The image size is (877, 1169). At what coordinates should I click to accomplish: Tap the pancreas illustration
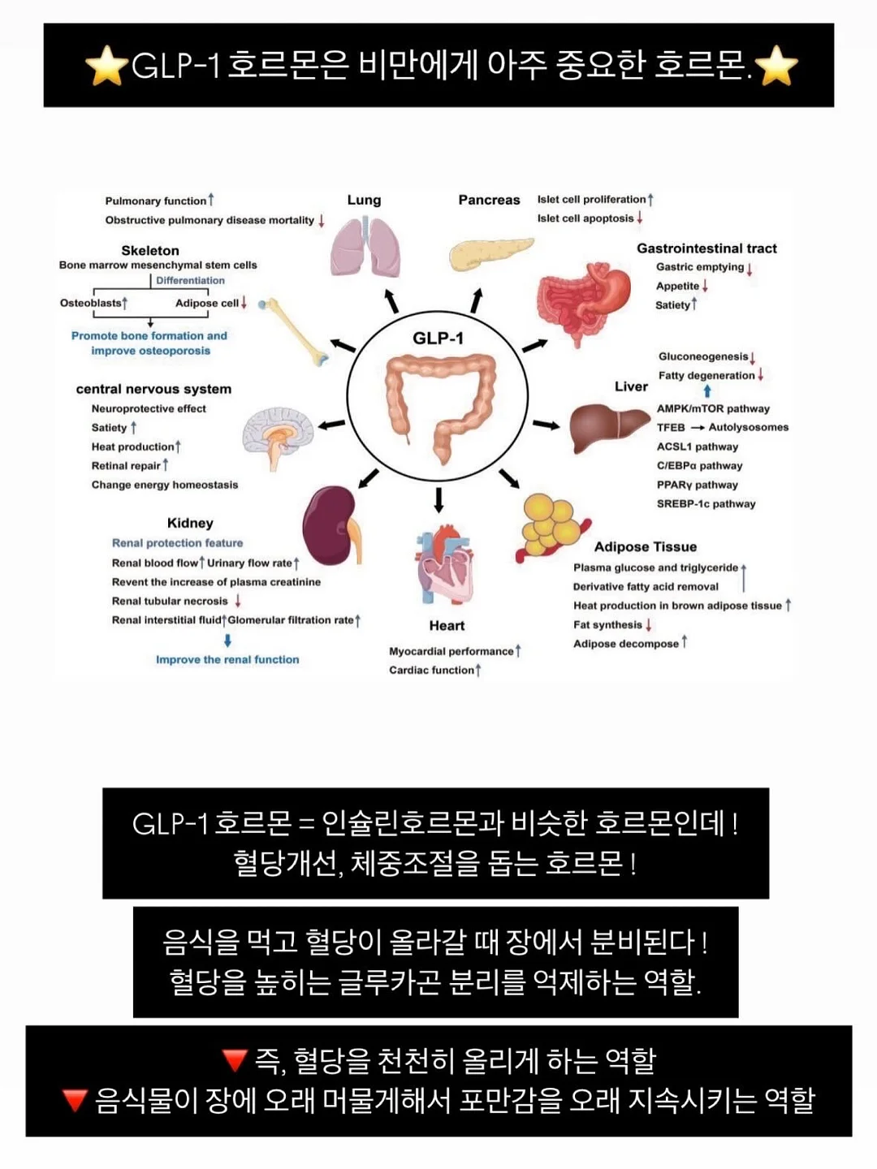click(x=491, y=254)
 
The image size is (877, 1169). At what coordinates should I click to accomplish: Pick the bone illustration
click(x=293, y=332)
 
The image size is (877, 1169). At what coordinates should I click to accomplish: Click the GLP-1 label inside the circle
click(x=438, y=339)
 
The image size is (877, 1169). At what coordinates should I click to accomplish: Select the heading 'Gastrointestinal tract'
click(x=706, y=248)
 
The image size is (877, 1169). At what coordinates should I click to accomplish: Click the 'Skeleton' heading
click(x=150, y=250)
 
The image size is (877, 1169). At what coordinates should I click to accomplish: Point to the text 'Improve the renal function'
click(x=227, y=659)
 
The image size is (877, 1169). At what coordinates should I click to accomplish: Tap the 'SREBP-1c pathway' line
click(x=706, y=504)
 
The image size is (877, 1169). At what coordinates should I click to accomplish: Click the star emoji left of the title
click(x=106, y=65)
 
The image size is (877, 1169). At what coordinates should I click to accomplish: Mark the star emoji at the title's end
click(x=776, y=65)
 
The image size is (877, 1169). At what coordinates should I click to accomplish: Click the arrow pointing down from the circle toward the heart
click(x=438, y=500)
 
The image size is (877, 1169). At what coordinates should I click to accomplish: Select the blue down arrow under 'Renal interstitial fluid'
click(x=228, y=641)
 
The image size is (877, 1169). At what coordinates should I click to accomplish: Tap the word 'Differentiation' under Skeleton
click(x=190, y=280)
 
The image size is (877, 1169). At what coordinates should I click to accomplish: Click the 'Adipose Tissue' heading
click(x=646, y=546)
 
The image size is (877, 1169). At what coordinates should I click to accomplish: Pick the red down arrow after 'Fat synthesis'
click(x=649, y=625)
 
